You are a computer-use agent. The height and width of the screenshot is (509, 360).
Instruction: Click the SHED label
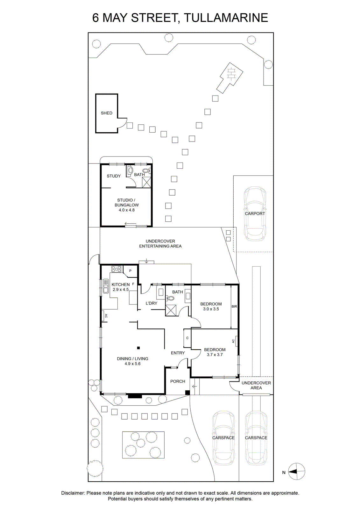point(106,113)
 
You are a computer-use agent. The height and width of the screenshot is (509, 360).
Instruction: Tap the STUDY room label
point(114,176)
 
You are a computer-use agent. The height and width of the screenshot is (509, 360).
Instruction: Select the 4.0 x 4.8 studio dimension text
point(126,210)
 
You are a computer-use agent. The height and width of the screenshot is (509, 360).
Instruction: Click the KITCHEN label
point(121,284)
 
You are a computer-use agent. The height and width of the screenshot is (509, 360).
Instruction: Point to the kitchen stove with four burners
point(116,269)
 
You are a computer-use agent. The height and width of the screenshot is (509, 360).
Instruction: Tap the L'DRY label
point(151,303)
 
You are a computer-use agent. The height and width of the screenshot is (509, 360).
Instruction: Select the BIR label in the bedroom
point(234,306)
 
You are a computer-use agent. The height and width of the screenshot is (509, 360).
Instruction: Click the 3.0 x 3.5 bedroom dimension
point(211,309)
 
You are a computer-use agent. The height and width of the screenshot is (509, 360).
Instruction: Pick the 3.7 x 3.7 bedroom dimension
point(215,354)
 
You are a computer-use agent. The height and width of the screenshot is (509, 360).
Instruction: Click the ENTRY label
point(178,353)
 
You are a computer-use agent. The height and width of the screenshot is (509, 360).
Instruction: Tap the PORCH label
point(178,381)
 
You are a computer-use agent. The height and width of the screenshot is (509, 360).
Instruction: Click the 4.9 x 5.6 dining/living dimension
point(132,364)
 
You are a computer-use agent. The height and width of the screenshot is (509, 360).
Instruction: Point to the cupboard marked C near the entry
point(187,338)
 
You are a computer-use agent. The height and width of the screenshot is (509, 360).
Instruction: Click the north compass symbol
point(297,471)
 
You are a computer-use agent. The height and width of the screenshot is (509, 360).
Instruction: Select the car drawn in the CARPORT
point(255,213)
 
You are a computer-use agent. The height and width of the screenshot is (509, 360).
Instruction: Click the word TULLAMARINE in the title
point(226,17)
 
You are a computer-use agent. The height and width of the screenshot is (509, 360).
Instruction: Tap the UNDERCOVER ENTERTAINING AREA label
point(160,244)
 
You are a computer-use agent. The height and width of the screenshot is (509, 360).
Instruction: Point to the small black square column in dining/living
point(138,348)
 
